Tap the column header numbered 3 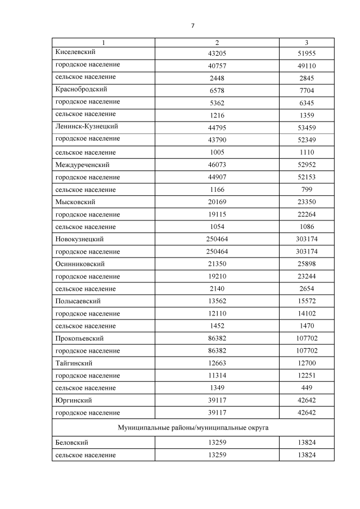[x=307, y=43]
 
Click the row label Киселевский [x=74, y=52]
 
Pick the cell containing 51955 [x=307, y=52]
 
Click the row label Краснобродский [x=82, y=89]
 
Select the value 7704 [x=307, y=89]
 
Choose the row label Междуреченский [x=82, y=165]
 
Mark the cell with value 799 [x=307, y=190]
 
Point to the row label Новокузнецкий [x=80, y=239]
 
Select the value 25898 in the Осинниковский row [x=307, y=264]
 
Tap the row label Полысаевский [x=78, y=301]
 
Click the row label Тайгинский [x=74, y=363]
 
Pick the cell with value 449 [x=307, y=388]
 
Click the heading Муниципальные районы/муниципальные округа [x=193, y=428]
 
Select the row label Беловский [x=72, y=443]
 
